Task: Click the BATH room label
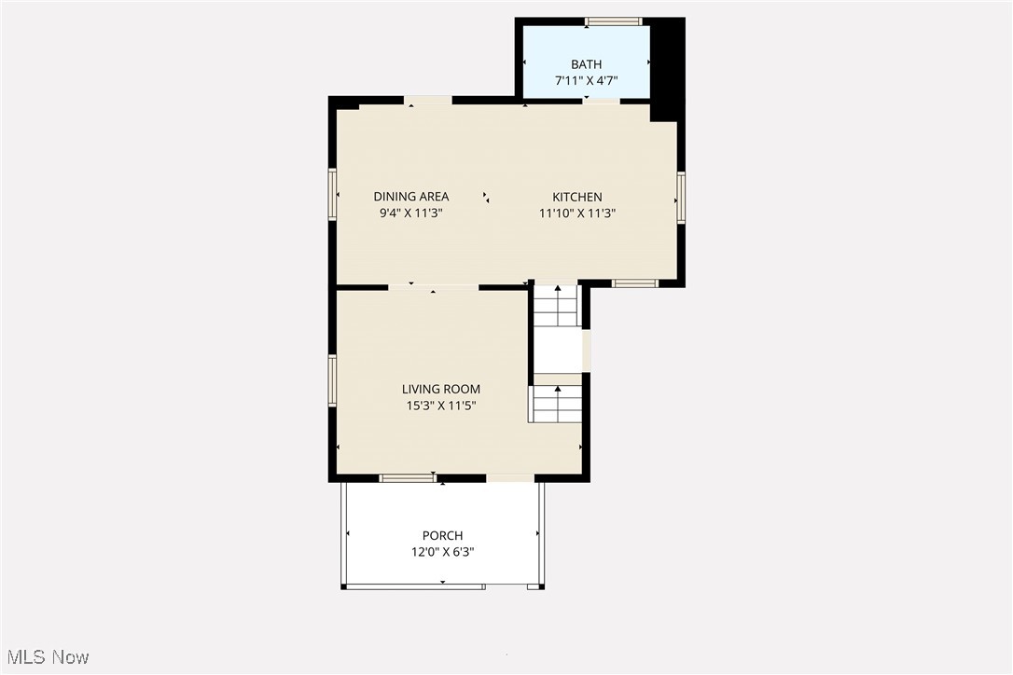586,64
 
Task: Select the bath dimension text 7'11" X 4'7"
586,81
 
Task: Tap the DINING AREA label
411,197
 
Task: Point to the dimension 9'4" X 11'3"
411,214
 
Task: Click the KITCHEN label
577,197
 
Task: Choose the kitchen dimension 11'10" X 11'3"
577,214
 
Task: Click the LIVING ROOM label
441,389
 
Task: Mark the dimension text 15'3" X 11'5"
441,406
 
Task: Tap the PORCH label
442,535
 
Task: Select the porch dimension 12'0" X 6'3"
442,552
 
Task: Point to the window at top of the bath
613,21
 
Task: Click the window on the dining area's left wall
331,194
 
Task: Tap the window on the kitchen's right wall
681,198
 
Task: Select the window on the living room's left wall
331,380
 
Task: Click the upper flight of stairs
558,306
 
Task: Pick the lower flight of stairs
558,404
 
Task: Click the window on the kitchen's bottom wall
635,283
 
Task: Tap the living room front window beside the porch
408,478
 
